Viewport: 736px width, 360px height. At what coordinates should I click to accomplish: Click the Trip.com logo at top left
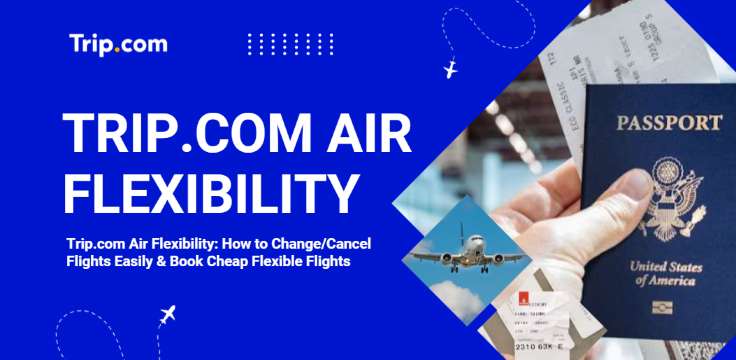(x=118, y=44)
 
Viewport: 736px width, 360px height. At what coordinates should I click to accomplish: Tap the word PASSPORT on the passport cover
(x=669, y=124)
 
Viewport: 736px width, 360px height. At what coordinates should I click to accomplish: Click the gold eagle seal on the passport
(x=671, y=194)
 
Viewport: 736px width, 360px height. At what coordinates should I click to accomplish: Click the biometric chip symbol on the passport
(x=665, y=306)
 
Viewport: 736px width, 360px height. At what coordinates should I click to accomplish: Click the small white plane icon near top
(x=449, y=70)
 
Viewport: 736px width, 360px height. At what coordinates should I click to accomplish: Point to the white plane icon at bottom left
(x=167, y=315)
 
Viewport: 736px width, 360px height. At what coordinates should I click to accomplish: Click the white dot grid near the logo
(x=290, y=44)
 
